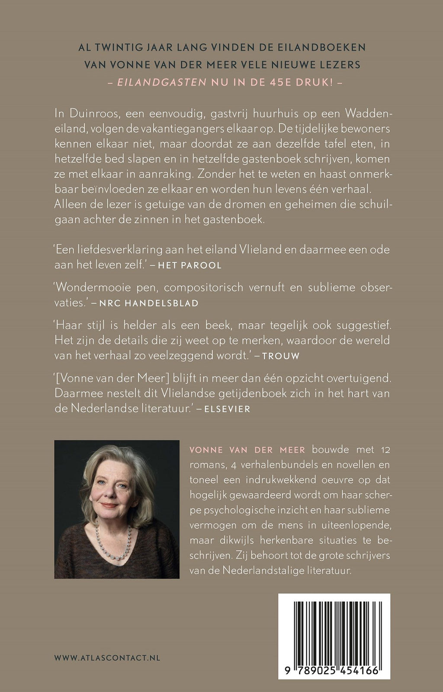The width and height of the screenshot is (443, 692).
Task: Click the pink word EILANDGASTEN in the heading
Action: click(162, 83)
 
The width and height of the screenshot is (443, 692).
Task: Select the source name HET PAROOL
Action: click(190, 265)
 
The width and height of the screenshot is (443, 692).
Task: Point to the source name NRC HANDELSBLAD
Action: click(149, 303)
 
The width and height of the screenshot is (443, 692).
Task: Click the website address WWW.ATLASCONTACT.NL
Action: click(107, 657)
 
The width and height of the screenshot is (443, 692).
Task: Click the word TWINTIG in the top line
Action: click(122, 48)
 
